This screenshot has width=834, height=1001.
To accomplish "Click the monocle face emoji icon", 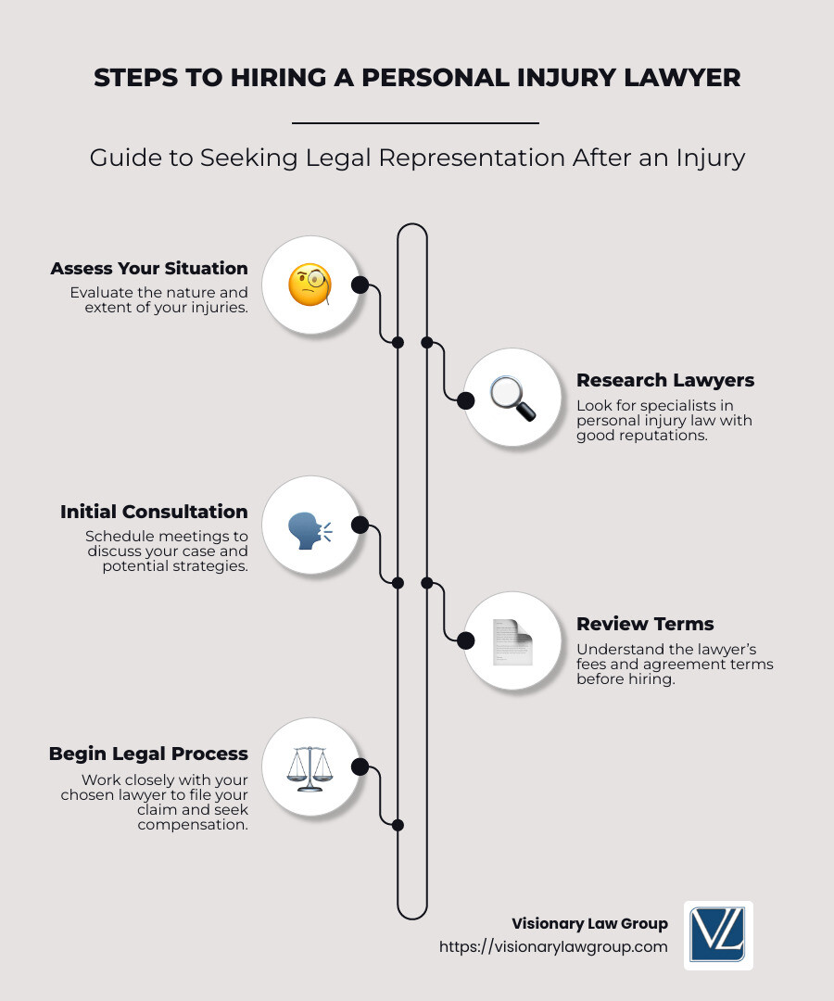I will (310, 285).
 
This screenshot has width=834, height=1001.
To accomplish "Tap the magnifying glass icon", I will (512, 399).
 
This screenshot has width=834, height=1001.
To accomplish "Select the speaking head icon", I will (310, 526).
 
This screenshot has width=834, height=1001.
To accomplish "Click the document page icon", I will (512, 640).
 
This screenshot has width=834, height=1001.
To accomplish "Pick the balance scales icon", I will (310, 767).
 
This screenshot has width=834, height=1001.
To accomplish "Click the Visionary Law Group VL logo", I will (717, 935).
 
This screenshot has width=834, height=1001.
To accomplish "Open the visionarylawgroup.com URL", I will (553, 946).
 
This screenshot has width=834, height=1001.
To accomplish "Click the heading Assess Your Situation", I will (149, 268).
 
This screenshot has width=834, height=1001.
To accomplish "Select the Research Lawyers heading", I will (664, 380).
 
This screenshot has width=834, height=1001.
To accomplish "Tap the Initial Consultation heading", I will (154, 512).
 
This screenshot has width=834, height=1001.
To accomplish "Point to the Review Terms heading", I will (645, 624).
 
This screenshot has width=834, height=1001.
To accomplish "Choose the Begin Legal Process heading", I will (148, 754).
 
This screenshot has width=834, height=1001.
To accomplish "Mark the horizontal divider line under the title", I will (415, 122).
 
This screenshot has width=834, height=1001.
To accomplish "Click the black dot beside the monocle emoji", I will (360, 285).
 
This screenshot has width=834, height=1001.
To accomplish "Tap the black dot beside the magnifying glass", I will (466, 399).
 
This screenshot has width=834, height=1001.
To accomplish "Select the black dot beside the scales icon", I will (360, 767).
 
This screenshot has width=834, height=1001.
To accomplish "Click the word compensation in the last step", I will (193, 824).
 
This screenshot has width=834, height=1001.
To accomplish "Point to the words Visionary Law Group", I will (589, 923).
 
